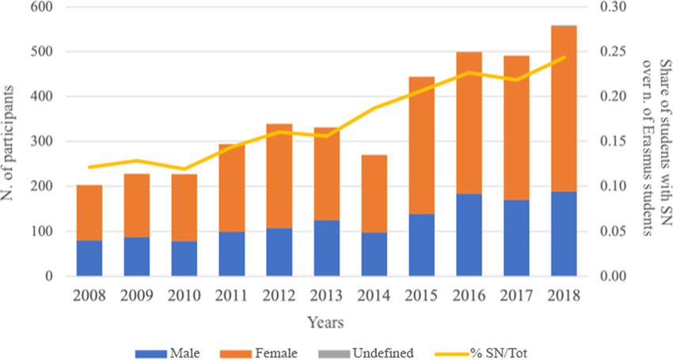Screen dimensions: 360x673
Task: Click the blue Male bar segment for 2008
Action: [89, 258]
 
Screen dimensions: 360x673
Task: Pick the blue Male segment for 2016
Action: [469, 235]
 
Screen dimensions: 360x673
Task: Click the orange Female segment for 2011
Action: [232, 188]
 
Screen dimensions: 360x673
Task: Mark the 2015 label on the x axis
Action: [421, 296]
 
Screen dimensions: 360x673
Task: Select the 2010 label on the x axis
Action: [184, 296]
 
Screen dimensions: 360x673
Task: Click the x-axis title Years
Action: [326, 323]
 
